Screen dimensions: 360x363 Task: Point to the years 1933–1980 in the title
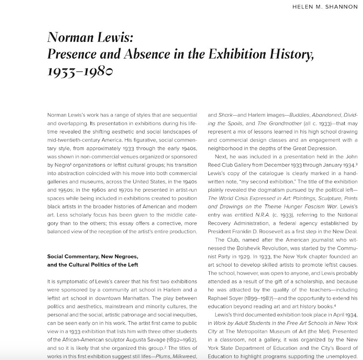(80, 71)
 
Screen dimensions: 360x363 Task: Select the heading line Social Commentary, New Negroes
(93, 257)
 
